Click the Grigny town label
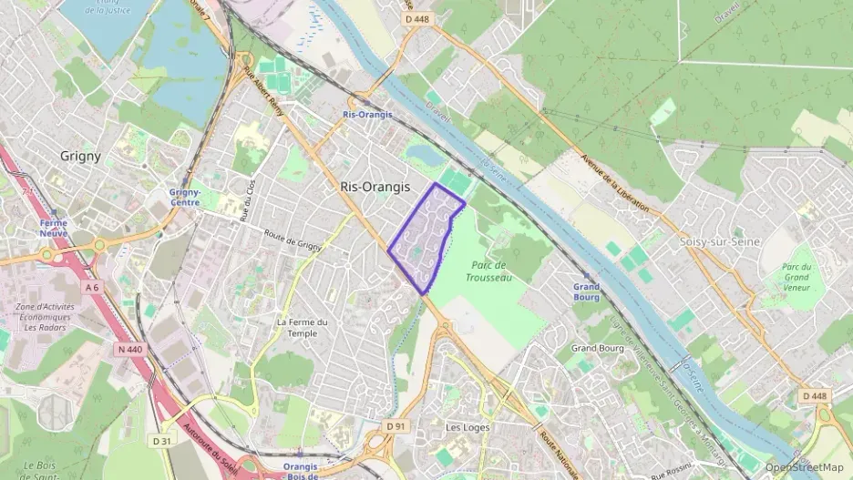point(80,156)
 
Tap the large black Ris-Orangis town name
point(375,186)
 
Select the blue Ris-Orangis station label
point(367,115)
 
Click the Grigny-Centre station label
point(185,197)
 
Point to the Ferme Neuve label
point(53,228)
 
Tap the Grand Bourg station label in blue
point(586,291)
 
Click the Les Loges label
point(468,427)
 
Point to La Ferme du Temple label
point(302,328)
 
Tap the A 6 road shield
point(92,287)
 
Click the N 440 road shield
point(129,349)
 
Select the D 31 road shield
point(162,441)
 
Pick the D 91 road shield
point(395,425)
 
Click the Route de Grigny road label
point(293,239)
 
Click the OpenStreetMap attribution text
point(804,467)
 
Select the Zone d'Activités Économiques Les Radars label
point(45,317)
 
